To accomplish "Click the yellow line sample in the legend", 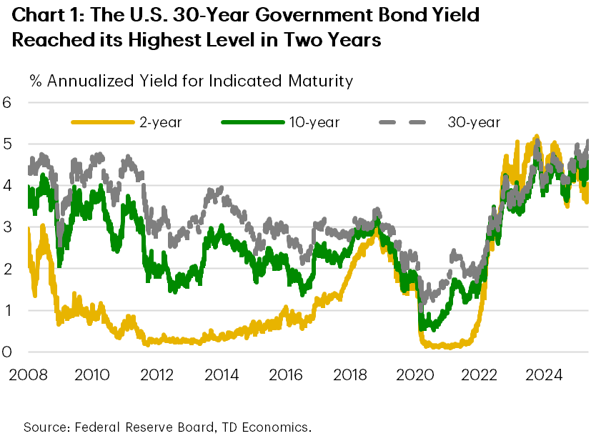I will (x=103, y=122).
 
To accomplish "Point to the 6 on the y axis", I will (x=7, y=102).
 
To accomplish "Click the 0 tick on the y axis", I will (x=7, y=352).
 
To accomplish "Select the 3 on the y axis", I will (x=7, y=227).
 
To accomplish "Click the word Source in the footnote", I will (x=44, y=427).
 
